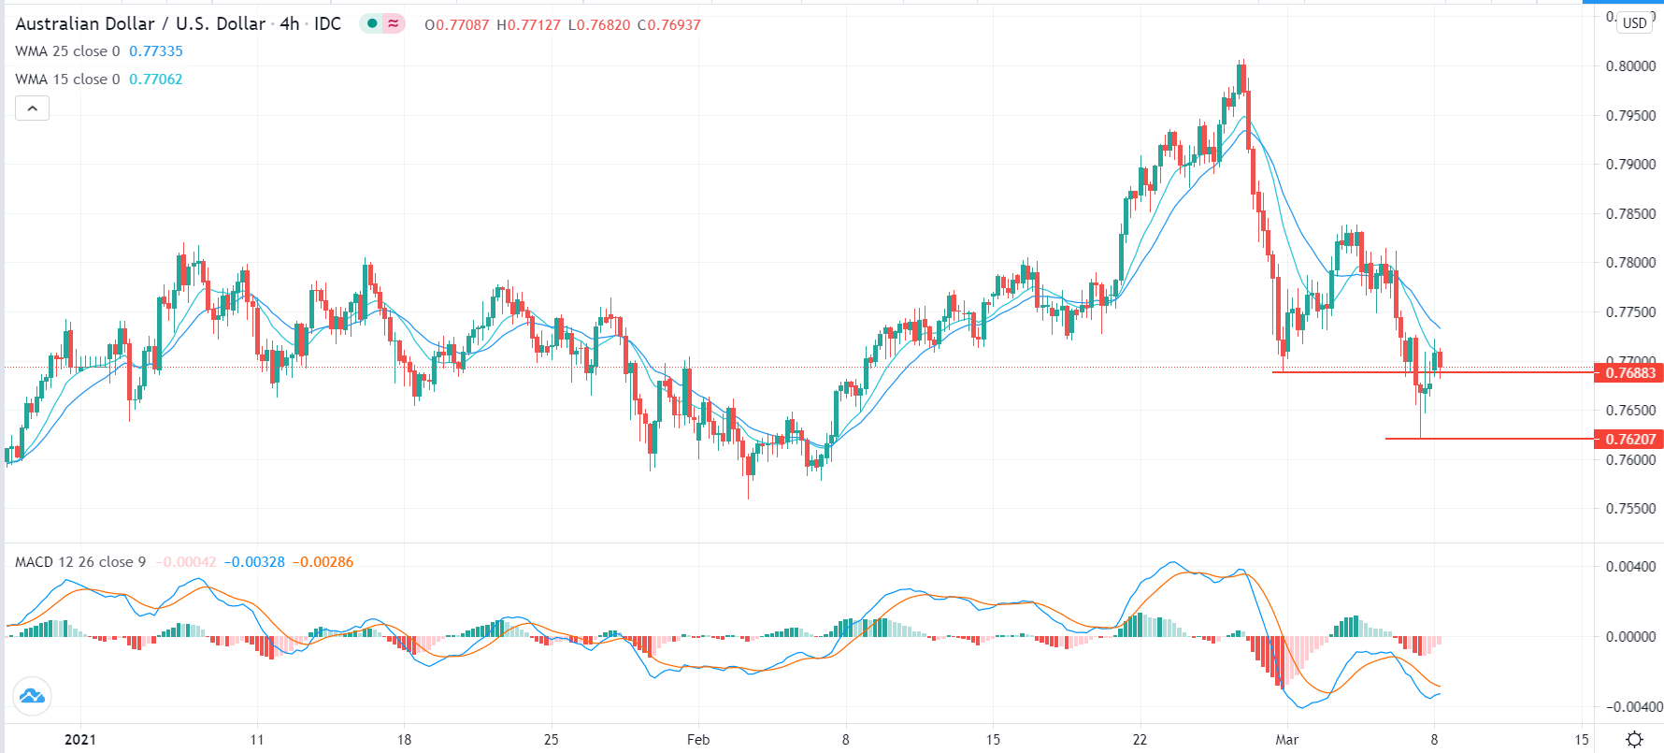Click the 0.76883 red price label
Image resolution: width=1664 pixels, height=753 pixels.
tap(1629, 373)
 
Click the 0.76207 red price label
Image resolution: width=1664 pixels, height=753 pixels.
tap(1629, 439)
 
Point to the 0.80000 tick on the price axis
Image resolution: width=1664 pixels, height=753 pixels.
tap(1630, 66)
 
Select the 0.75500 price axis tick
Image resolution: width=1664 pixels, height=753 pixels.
tap(1630, 509)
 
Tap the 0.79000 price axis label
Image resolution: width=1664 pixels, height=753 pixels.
tap(1630, 165)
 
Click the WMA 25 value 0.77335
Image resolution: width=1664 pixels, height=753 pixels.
tap(156, 51)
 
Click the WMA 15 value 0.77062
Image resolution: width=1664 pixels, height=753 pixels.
tap(156, 80)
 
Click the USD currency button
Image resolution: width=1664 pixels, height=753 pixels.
tap(1634, 23)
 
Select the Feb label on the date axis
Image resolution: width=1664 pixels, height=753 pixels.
tap(698, 739)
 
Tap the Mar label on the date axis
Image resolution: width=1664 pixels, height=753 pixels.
tap(1287, 739)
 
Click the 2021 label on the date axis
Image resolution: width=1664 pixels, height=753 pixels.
tap(80, 739)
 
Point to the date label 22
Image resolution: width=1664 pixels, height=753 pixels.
tap(1140, 739)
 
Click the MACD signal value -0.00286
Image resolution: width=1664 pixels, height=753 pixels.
tap(323, 562)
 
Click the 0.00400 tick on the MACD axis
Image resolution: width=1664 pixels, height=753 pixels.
tap(1630, 567)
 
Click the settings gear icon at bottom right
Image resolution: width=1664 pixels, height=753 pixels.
tap(1634, 739)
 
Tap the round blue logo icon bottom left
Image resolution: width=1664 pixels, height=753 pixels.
tap(32, 696)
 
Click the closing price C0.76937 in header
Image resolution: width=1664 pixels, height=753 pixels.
tap(669, 25)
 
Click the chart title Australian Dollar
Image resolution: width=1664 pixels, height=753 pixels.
tap(85, 24)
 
